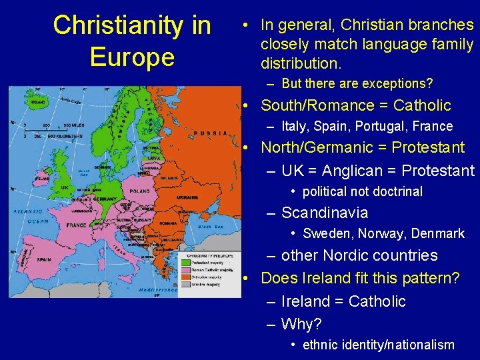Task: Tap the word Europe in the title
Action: click(x=132, y=57)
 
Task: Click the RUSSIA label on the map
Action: click(x=211, y=133)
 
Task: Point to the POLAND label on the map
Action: click(x=140, y=191)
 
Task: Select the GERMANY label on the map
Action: click(x=104, y=199)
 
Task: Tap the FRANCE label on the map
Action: click(x=77, y=225)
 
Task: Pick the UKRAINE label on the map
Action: click(x=186, y=198)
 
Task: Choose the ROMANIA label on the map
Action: click(x=168, y=223)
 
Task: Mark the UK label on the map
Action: click(x=65, y=187)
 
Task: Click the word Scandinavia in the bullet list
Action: click(x=325, y=213)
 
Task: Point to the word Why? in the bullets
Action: click(x=301, y=324)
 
